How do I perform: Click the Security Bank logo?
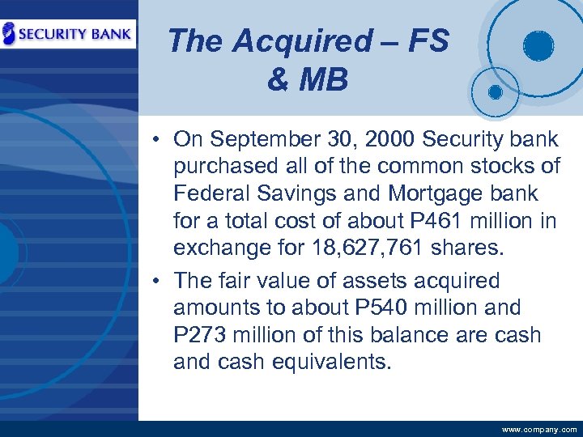68,34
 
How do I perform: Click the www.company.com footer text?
539,430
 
